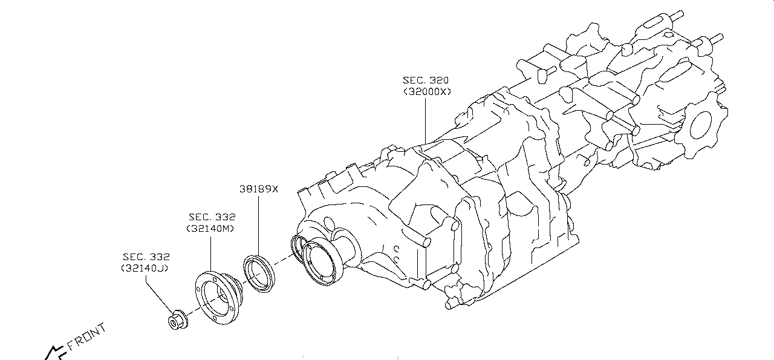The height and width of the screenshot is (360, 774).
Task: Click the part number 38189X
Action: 258,189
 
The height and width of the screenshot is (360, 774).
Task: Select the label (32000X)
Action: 427,92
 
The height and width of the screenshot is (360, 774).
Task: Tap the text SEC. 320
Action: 426,80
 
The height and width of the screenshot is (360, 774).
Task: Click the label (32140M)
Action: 210,228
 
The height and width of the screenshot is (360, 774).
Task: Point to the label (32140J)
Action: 145,267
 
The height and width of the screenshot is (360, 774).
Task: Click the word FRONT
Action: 87,337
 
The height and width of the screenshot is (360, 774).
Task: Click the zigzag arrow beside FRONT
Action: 54,352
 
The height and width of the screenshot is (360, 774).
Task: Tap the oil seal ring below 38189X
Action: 260,275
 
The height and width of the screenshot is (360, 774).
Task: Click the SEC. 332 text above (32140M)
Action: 212,217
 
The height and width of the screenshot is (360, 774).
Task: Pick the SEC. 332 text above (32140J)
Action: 146,257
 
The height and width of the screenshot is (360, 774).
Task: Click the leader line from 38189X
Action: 258,224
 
